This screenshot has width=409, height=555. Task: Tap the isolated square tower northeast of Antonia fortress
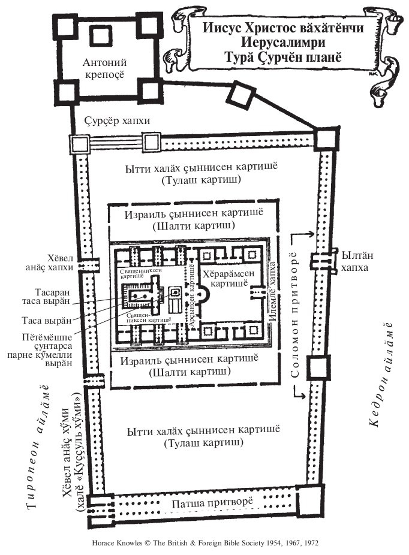pyautogui.click(x=238, y=96)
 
